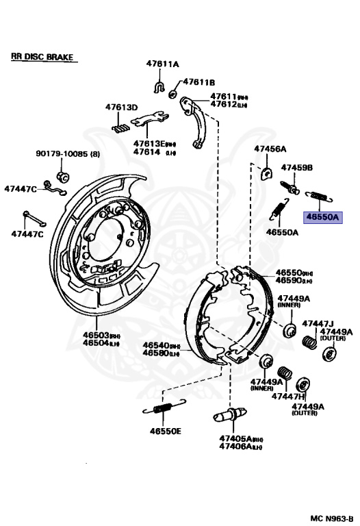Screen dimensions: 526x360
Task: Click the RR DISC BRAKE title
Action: pos(42,57)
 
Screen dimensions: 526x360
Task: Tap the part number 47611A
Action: pos(161,64)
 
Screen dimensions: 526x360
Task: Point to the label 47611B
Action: pos(198,82)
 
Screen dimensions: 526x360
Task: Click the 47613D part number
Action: pos(121,108)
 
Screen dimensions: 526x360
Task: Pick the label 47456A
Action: pos(270,149)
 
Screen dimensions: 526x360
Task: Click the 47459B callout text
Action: pos(298,167)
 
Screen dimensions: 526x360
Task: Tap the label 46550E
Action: pos(166,431)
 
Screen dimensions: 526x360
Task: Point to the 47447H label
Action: pos(288,396)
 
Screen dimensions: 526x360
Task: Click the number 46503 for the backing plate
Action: pos(96,334)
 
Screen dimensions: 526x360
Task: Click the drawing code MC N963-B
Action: pos(331,517)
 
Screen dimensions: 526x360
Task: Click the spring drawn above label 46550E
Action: pos(162,410)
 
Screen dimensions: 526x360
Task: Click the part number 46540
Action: pos(155,346)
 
